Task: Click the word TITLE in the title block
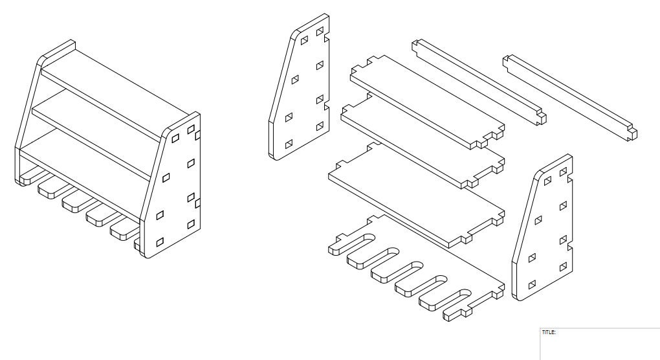point(548,332)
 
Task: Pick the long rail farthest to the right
point(569,97)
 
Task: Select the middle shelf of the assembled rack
point(97,129)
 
